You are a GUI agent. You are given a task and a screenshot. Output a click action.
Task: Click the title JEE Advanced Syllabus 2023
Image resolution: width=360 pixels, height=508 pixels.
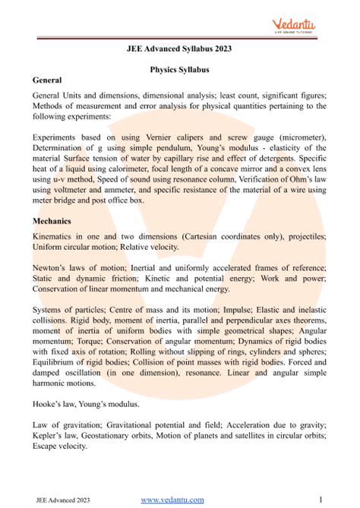point(179,50)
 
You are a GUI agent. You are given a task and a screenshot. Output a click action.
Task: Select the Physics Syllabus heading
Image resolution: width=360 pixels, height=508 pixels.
point(179,69)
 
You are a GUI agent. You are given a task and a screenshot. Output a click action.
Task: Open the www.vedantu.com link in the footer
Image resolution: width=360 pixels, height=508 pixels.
point(173,499)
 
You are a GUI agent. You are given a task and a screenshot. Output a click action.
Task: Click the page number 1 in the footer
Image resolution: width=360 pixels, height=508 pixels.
point(321,499)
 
